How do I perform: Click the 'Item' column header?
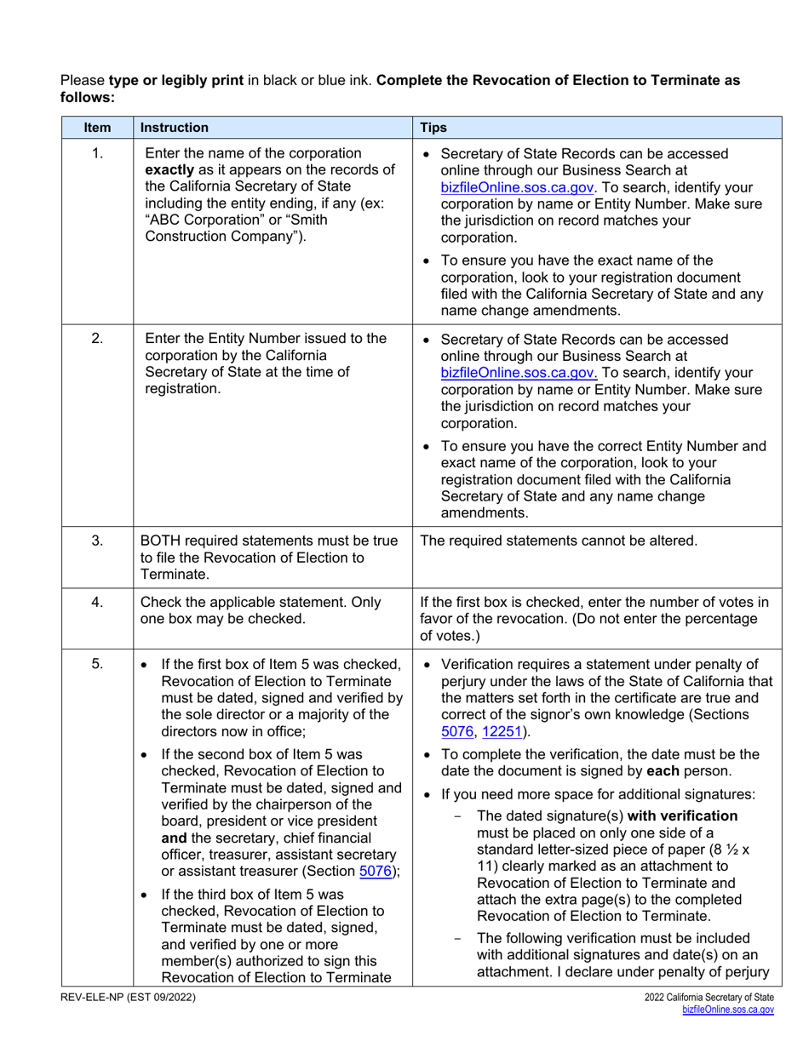click(97, 128)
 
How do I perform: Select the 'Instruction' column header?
click(174, 128)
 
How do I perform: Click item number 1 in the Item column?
click(97, 154)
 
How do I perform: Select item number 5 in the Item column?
click(97, 664)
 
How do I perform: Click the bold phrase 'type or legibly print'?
click(175, 81)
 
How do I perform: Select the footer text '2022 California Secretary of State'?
click(709, 997)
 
